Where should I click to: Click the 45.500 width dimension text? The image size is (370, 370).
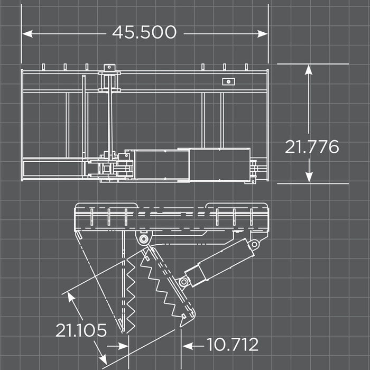pyautogui.click(x=144, y=33)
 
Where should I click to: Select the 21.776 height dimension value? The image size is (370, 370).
pyautogui.click(x=312, y=146)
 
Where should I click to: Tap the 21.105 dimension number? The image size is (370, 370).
pyautogui.click(x=81, y=330)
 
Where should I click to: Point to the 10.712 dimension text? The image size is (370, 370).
pyautogui.click(x=232, y=345)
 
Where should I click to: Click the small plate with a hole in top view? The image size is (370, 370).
pyautogui.click(x=228, y=81)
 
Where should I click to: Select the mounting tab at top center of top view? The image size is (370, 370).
pyautogui.click(x=109, y=68)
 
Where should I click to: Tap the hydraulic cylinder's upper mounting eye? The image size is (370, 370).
pyautogui.click(x=254, y=244)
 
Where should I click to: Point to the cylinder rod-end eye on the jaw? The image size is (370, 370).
pyautogui.click(x=184, y=281)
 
